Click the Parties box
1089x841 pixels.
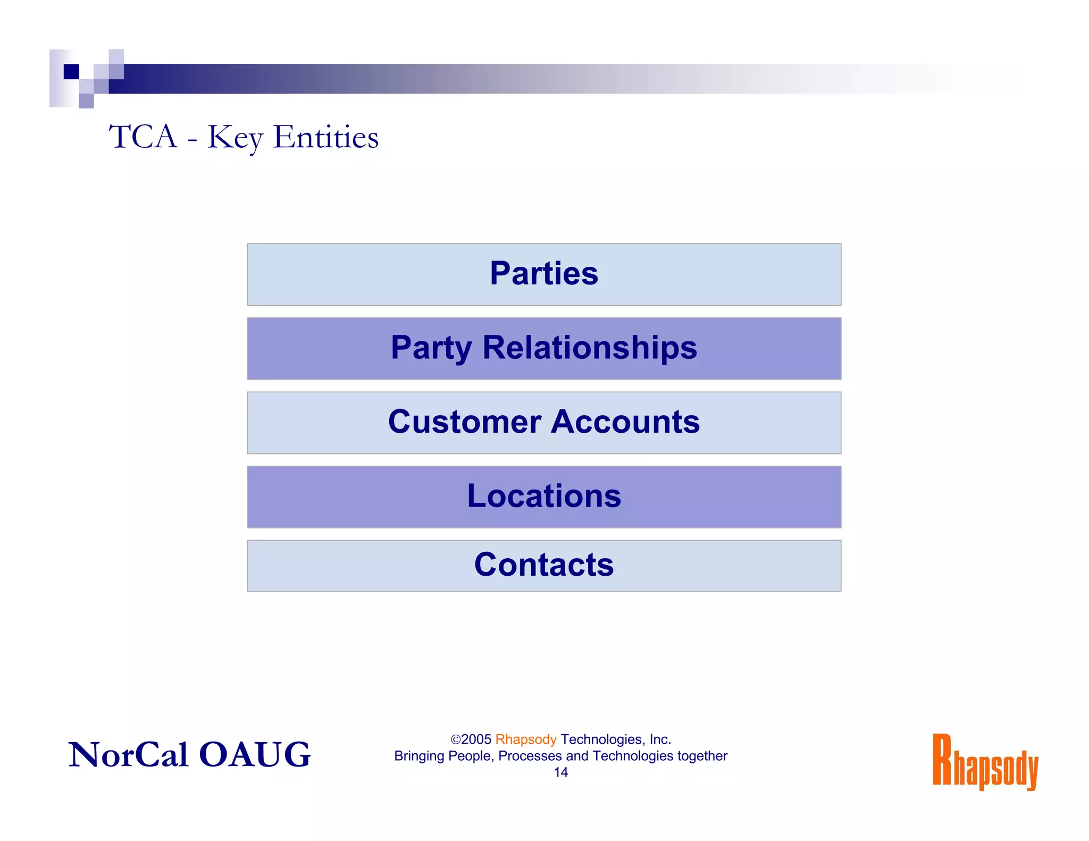tap(544, 274)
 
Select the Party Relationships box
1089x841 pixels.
tap(544, 349)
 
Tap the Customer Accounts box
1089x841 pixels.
tap(544, 423)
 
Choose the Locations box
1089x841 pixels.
tap(544, 497)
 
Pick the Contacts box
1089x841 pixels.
tap(544, 566)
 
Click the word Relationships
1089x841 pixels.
tap(590, 348)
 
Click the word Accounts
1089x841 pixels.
tap(625, 422)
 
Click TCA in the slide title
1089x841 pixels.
tap(143, 137)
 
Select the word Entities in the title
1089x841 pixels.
tap(325, 137)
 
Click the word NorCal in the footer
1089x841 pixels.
tap(128, 754)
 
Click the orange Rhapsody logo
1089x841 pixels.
tap(985, 761)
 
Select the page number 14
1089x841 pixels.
tap(560, 772)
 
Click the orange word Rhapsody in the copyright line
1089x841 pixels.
tap(525, 739)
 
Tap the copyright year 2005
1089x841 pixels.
tap(476, 739)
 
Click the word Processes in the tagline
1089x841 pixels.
tap(530, 756)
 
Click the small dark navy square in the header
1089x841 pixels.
tap(71, 71)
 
